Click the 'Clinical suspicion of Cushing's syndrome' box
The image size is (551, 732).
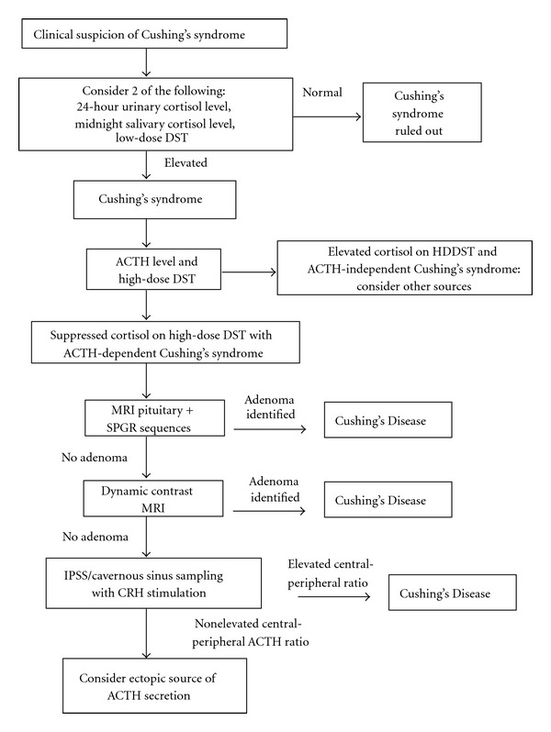[154, 34]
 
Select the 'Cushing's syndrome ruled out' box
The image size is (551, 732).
[422, 113]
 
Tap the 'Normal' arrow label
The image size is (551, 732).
[322, 93]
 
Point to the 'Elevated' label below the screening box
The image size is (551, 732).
[186, 162]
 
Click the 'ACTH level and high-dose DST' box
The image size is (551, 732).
[153, 269]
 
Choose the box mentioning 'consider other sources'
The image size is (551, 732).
[405, 268]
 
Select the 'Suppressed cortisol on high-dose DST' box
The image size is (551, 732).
[165, 342]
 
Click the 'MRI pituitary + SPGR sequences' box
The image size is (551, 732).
[154, 417]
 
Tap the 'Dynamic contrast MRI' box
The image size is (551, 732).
[153, 499]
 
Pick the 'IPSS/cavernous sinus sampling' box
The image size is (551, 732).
[153, 583]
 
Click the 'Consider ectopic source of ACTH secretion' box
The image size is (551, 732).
[154, 686]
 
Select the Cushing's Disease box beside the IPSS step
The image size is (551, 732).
[453, 593]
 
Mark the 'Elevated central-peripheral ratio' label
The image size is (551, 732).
[331, 573]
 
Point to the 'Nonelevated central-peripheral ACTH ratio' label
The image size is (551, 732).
[251, 633]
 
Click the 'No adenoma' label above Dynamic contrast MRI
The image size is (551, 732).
[95, 457]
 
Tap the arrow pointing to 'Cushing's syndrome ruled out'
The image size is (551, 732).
[327, 116]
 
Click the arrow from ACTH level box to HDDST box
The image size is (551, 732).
[249, 272]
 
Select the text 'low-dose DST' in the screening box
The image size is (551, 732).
[152, 138]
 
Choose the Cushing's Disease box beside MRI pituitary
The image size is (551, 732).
[388, 420]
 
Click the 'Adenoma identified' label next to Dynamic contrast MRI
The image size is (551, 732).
[275, 489]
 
